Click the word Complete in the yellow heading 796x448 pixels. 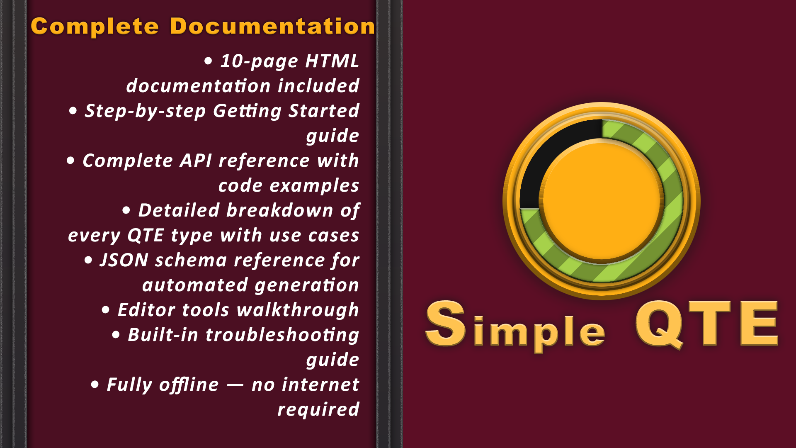click(95, 27)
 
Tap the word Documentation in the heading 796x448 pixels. click(272, 27)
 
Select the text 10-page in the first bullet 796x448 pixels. click(259, 61)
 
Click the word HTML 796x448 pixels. click(332, 61)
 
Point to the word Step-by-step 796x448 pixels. click(145, 111)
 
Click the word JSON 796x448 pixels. click(124, 261)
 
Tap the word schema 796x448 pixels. click(191, 261)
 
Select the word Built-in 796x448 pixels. click(163, 335)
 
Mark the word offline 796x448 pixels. click(189, 385)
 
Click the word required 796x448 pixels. click(318, 410)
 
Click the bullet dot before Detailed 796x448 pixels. click(126, 211)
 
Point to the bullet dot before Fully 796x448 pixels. click(95, 385)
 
